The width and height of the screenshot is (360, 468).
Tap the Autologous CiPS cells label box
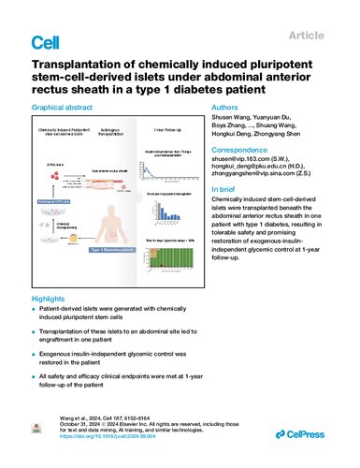click(x=50, y=201)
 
